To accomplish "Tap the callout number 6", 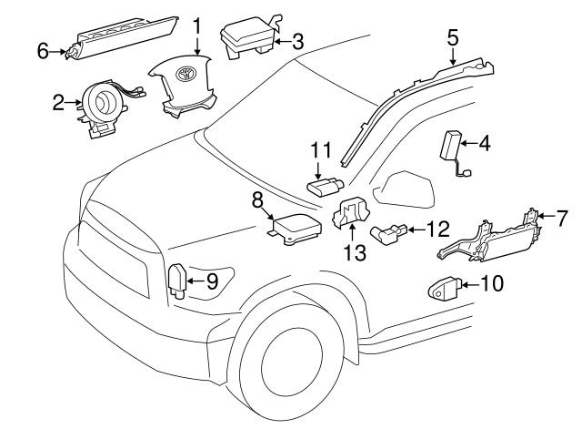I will [x=42, y=52].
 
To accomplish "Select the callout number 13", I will [x=351, y=252].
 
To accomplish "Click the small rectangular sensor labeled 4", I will [x=452, y=145].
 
